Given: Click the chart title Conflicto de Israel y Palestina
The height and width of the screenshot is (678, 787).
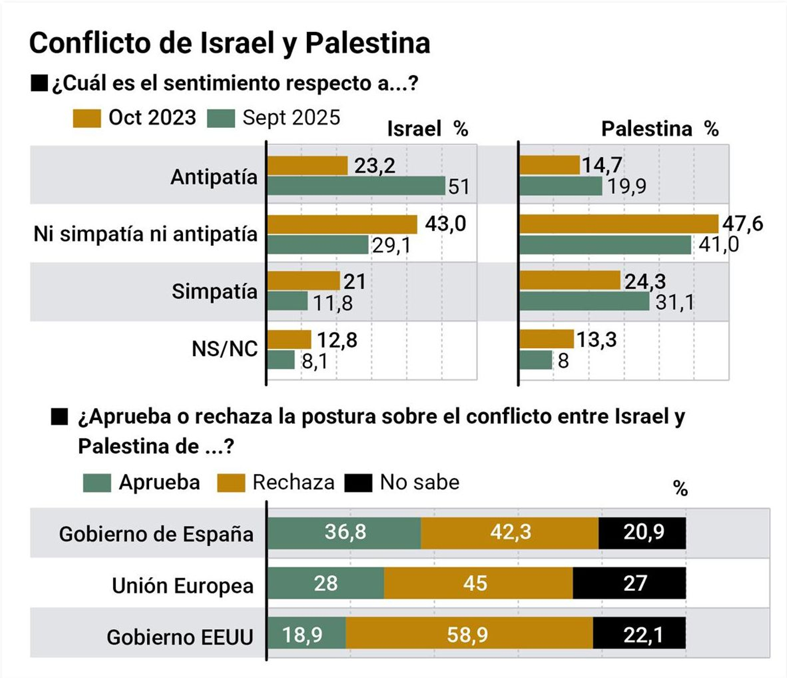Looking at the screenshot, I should [x=230, y=43].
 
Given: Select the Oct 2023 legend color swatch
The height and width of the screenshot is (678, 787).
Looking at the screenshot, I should [x=87, y=119].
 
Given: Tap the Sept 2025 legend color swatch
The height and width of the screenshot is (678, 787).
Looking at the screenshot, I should [x=221, y=119].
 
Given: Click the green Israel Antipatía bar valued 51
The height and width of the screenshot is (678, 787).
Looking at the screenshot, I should [x=356, y=186].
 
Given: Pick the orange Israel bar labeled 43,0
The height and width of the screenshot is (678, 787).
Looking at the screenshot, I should [x=342, y=224].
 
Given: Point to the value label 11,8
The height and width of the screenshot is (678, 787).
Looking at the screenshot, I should [x=333, y=303].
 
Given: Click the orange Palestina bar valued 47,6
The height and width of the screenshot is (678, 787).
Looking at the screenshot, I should [x=618, y=224].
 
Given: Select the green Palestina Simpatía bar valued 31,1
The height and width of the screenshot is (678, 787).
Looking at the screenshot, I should [x=584, y=301].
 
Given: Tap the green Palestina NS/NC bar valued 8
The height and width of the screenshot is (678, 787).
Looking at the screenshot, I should [x=536, y=360].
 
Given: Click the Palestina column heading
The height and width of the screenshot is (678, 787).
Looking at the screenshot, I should [x=646, y=129].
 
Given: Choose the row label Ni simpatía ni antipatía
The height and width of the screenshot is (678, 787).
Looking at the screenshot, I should [x=145, y=234].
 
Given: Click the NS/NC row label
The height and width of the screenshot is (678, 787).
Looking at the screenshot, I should [x=224, y=349].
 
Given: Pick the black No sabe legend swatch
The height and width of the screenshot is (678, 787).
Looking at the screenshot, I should [x=358, y=483].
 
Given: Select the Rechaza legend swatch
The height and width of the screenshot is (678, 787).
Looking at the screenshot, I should [x=231, y=483].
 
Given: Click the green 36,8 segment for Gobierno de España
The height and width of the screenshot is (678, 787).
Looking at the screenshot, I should [x=344, y=533].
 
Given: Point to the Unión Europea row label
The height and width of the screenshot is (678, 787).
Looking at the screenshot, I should [x=182, y=586].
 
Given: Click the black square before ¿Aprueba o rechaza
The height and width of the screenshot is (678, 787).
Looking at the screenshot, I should [x=60, y=417].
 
